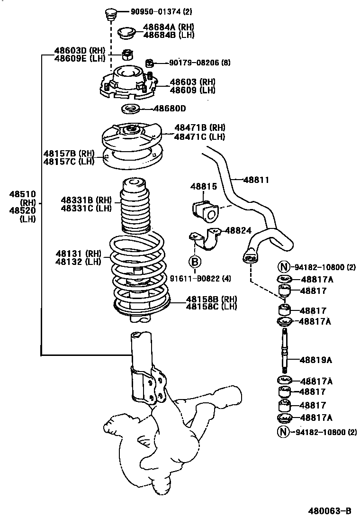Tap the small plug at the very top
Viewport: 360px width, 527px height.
tap(111, 14)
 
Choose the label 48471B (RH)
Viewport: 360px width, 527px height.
tap(199, 127)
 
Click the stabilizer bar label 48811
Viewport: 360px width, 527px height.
tap(256, 180)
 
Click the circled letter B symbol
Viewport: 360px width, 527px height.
tap(195, 262)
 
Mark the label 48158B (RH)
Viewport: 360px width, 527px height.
tap(211, 299)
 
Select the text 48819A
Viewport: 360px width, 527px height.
tap(316, 360)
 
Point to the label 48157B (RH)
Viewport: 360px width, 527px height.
tap(69, 154)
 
